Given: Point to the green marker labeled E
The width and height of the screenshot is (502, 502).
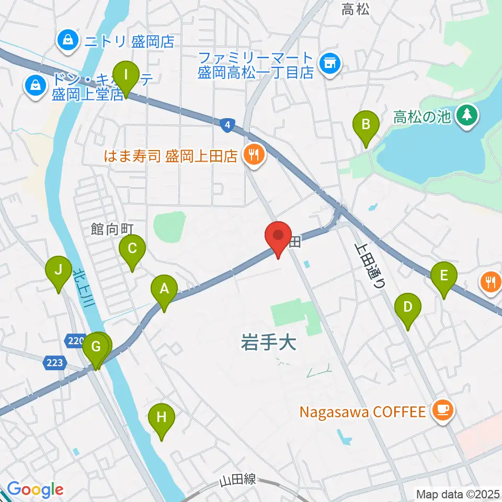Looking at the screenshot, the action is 444,276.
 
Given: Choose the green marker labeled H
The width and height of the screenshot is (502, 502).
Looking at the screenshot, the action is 161,418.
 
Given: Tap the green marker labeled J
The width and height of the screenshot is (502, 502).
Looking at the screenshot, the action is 59,271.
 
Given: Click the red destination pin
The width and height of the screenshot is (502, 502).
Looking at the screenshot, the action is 278,237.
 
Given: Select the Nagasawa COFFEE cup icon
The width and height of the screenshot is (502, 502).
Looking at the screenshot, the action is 442,412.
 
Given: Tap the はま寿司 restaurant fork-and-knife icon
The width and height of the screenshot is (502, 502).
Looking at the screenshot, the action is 254,155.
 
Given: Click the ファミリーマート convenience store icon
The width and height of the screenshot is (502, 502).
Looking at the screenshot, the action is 330,64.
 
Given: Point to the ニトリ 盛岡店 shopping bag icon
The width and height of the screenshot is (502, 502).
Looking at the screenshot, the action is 69,41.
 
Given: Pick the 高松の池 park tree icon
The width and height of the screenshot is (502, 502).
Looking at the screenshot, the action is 465,116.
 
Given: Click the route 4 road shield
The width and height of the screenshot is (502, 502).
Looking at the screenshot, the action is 226,124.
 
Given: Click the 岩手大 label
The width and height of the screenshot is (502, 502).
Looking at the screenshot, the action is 268,343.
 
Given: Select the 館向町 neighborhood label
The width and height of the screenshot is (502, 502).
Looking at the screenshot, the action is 112,229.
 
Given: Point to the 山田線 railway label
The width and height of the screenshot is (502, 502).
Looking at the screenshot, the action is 238,480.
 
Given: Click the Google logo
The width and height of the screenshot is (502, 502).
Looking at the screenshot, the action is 35,490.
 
